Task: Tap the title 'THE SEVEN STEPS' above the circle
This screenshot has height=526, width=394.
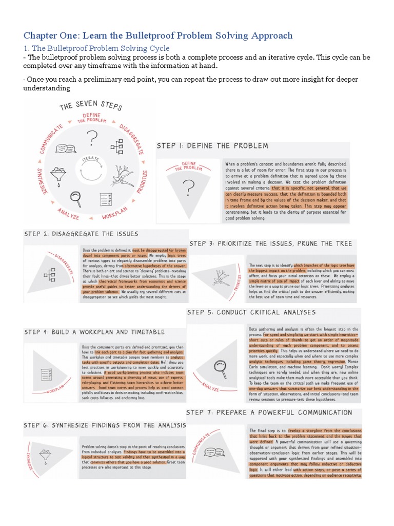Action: [x=91, y=106]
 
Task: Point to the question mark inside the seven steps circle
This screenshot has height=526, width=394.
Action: [x=92, y=138]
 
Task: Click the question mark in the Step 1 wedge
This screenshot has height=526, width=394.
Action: [x=190, y=189]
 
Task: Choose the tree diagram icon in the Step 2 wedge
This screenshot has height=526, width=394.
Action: [x=50, y=276]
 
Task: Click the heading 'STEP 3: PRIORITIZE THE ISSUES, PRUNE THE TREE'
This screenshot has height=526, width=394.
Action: [x=270, y=243]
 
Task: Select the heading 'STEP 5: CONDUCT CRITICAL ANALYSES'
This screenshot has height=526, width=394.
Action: [x=251, y=312]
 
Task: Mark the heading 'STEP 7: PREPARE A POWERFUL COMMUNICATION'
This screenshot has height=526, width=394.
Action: [x=269, y=412]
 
